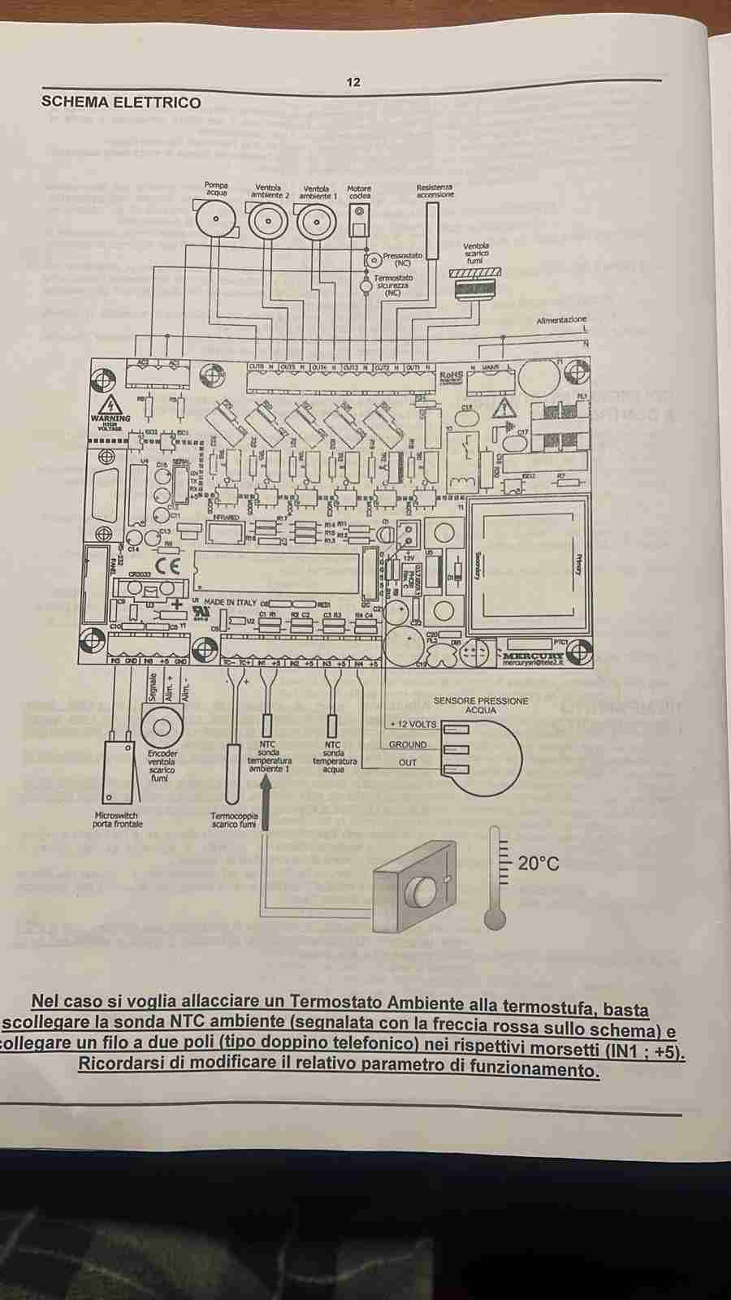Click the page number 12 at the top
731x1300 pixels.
353,82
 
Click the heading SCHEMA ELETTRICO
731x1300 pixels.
121,102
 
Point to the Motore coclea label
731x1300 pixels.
359,192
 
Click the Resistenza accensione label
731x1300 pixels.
435,191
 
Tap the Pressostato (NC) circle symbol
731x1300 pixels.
373,260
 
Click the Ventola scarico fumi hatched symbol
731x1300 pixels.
475,274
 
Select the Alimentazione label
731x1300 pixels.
560,320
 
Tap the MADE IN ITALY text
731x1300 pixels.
230,602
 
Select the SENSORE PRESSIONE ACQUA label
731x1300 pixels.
480,705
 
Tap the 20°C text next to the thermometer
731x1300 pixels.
539,863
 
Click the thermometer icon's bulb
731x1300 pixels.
494,917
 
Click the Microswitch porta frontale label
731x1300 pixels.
118,819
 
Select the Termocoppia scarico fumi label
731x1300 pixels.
234,819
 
